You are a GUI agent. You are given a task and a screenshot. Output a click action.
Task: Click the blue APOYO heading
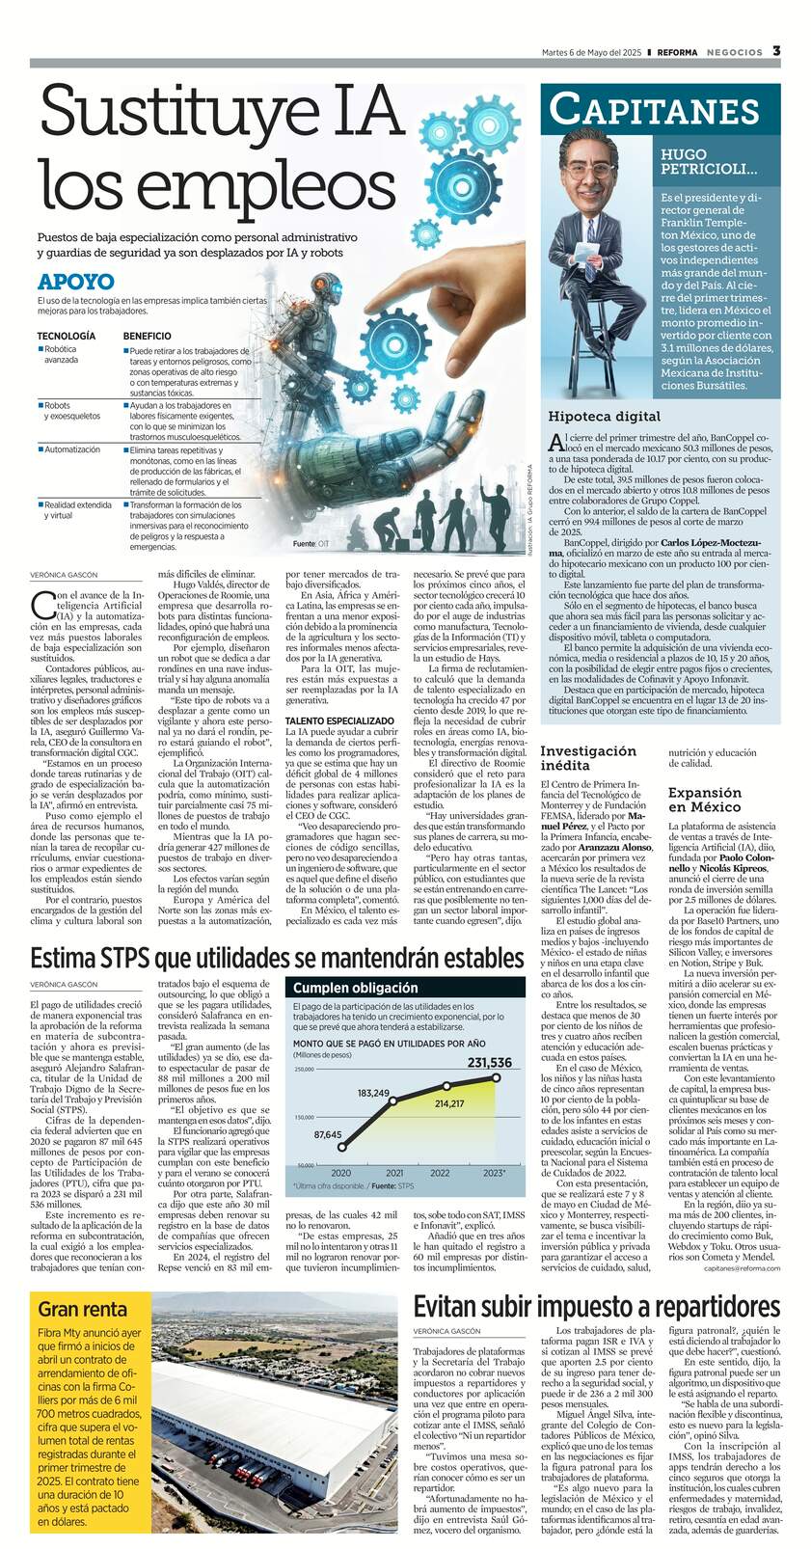[76, 283]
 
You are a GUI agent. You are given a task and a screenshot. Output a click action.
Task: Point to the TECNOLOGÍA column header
[67, 336]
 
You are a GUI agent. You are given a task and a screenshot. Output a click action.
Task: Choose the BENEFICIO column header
[148, 336]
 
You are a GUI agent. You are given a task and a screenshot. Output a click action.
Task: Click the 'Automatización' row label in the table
[72, 449]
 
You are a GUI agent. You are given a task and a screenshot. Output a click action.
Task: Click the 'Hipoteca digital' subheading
[605, 417]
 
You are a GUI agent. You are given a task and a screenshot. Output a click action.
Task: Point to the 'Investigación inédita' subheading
[587, 757]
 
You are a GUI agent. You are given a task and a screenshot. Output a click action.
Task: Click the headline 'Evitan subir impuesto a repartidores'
[604, 1306]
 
